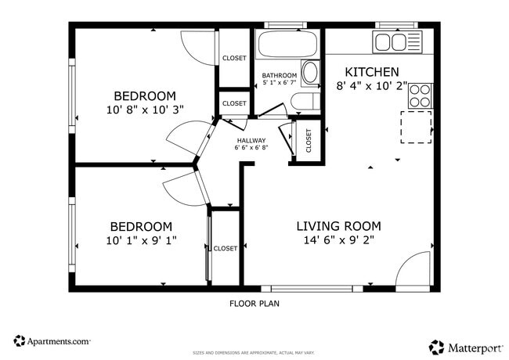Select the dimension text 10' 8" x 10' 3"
144,110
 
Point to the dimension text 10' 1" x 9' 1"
142,240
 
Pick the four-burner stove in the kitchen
420,95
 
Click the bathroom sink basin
309,74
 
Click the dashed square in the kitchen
416,128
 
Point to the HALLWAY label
251,141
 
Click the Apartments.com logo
52,341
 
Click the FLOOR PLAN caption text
254,304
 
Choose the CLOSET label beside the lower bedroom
226,248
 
